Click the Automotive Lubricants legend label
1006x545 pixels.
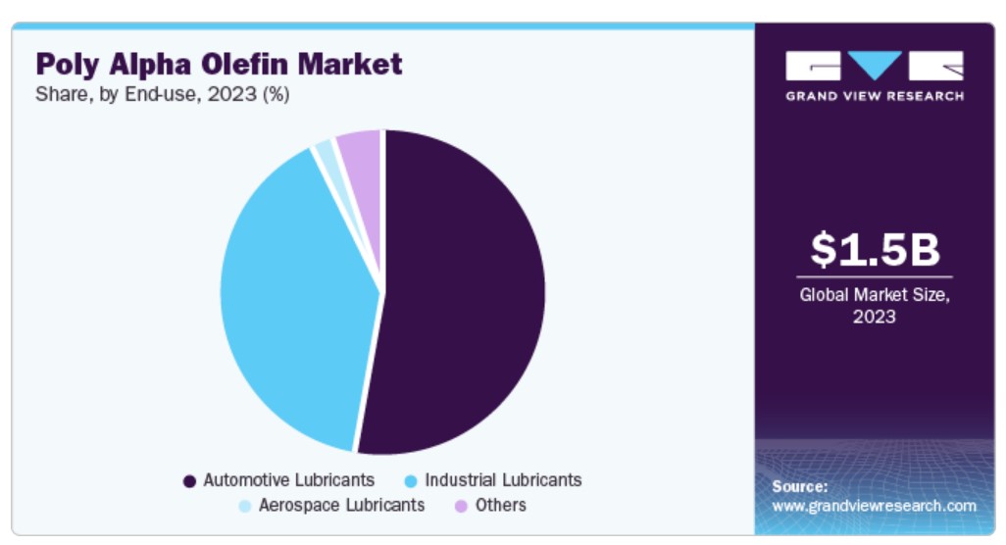pyautogui.click(x=288, y=480)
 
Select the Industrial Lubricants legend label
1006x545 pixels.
pyautogui.click(x=503, y=480)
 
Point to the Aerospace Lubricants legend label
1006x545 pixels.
pyautogui.click(x=341, y=505)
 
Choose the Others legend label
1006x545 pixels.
pyautogui.click(x=500, y=505)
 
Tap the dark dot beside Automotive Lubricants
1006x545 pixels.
pyautogui.click(x=189, y=481)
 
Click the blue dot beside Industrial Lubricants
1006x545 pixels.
pyautogui.click(x=411, y=481)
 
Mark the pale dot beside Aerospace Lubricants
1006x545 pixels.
pyautogui.click(x=245, y=506)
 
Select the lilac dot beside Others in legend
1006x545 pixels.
pyautogui.click(x=460, y=506)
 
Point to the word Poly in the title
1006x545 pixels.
pyautogui.click(x=68, y=65)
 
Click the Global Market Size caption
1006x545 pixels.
pyautogui.click(x=874, y=293)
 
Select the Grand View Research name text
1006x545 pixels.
pyautogui.click(x=874, y=95)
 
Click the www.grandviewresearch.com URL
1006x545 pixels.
pyautogui.click(x=874, y=506)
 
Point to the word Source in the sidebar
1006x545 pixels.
pyautogui.click(x=799, y=486)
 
